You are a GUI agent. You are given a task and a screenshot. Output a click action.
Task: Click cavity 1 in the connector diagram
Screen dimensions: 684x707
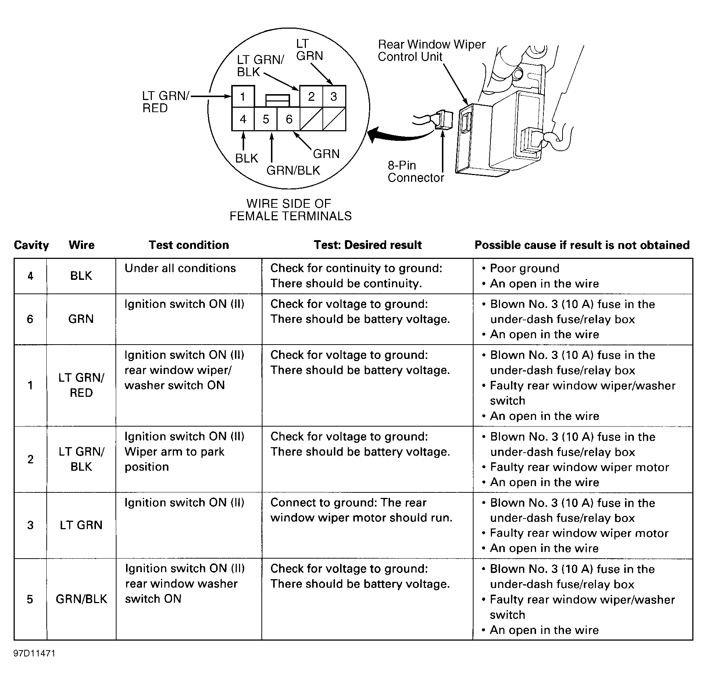point(243,97)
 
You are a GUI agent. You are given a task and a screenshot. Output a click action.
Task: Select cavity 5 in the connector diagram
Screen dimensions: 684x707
point(265,119)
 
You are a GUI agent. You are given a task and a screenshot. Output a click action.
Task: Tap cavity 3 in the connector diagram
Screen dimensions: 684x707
point(334,97)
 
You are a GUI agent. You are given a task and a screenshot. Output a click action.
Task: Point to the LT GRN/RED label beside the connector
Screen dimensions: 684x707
point(165,102)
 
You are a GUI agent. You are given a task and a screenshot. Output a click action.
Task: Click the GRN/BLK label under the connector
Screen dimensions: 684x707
point(293,170)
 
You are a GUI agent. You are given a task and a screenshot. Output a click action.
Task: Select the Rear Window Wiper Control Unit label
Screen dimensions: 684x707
point(431,50)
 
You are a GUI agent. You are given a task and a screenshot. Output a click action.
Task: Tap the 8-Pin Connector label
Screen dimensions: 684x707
point(415,171)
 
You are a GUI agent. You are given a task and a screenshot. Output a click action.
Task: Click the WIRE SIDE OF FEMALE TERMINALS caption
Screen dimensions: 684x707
point(290,210)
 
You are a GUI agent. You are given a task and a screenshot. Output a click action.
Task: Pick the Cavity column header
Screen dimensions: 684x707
point(31,245)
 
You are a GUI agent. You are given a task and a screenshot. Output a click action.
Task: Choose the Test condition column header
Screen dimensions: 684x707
point(189,245)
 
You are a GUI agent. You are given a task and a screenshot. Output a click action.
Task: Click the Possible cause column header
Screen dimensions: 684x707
point(582,245)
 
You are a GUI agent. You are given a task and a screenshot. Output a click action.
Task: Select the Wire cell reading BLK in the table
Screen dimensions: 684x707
point(81,276)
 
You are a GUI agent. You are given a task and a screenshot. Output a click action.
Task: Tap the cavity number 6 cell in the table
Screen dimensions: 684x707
point(30,319)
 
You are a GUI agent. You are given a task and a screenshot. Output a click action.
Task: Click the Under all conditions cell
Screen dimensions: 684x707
point(180,268)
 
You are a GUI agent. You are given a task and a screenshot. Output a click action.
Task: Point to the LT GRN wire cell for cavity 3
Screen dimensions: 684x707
point(81,525)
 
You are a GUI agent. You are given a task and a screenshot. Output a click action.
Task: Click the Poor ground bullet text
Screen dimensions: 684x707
point(525,268)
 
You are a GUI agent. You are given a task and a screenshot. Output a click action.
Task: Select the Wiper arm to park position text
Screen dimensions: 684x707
point(174,459)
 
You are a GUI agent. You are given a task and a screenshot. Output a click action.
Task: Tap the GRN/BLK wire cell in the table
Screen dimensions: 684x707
point(81,599)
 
